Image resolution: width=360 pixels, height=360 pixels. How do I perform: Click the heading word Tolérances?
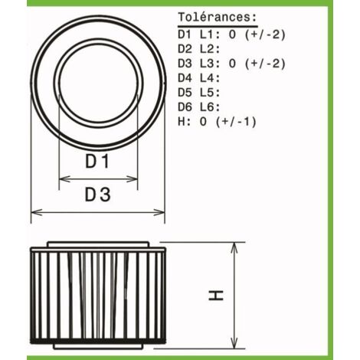point(218,18)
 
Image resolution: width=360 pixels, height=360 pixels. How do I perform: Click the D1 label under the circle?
point(97,161)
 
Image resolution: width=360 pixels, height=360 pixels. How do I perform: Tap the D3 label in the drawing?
point(97,195)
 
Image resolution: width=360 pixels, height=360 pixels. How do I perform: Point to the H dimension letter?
point(216,296)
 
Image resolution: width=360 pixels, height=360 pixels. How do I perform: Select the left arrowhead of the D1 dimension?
point(64,179)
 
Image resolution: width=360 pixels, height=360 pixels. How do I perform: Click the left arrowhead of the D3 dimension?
point(37,212)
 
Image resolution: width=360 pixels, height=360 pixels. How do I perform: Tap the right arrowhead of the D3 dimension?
point(159,212)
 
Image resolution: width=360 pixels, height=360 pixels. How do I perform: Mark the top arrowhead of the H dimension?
point(234,247)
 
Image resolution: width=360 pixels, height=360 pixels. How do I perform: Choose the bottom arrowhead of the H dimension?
point(234,342)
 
